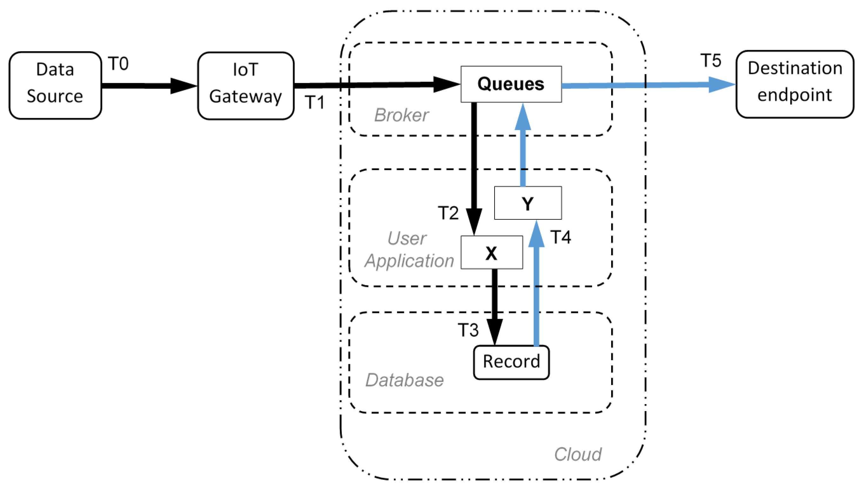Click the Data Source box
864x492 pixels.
pos(55,85)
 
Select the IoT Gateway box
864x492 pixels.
pos(246,85)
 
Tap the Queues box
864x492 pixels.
pos(511,84)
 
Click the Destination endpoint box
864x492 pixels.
pos(795,84)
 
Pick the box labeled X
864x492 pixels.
pos(491,252)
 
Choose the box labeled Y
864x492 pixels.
pos(528,203)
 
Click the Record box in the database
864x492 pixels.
pos(511,362)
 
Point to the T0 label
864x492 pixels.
pos(118,63)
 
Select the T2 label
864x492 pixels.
pos(448,213)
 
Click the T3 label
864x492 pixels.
pos(468,330)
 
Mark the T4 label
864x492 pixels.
pos(560,237)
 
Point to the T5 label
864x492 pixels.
pos(711,61)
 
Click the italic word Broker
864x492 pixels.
pos(401,115)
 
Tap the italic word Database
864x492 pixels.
pos(404,380)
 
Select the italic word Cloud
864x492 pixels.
pos(577,454)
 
